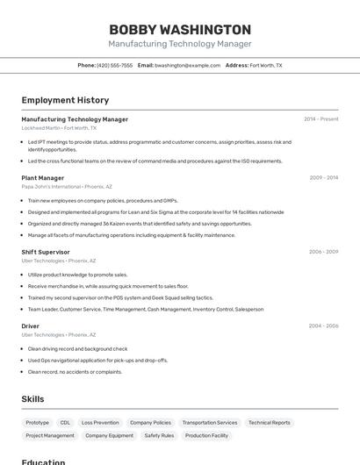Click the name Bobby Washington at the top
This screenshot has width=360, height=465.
pos(180,29)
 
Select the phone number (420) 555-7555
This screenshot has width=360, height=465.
pos(115,65)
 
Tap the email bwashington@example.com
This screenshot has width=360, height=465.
pos(188,65)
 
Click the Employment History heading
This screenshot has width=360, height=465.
pos(65,100)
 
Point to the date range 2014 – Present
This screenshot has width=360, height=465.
pos(321,119)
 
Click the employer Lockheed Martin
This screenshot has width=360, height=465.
pos(40,128)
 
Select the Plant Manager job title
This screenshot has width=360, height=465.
pos(42,178)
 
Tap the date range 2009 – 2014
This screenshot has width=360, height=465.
pos(324,178)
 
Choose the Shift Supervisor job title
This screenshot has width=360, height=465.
pos(46,252)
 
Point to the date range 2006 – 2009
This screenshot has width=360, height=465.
pos(323,252)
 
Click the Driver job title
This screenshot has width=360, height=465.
pos(30,325)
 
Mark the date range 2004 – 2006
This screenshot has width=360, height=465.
pos(323,325)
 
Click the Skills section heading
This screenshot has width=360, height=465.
pos(32,399)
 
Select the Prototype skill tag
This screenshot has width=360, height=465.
pos(38,423)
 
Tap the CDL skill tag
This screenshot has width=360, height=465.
pos(66,423)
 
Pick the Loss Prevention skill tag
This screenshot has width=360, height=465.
pos(100,423)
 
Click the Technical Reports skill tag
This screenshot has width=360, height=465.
pos(269,423)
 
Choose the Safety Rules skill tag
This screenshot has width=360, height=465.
pos(159,436)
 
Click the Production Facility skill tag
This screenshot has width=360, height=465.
pos(206,436)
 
